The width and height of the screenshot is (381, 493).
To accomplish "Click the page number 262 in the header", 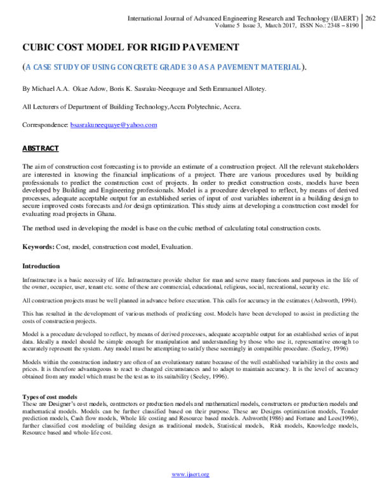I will [x=370, y=20].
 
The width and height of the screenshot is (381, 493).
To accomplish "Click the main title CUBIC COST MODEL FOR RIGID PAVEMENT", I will [x=131, y=48].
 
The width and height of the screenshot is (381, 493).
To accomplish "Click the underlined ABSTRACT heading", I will [x=41, y=148].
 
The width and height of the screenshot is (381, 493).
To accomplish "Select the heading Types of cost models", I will [x=50, y=397].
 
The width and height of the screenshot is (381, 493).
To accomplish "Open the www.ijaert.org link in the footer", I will [x=190, y=475].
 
